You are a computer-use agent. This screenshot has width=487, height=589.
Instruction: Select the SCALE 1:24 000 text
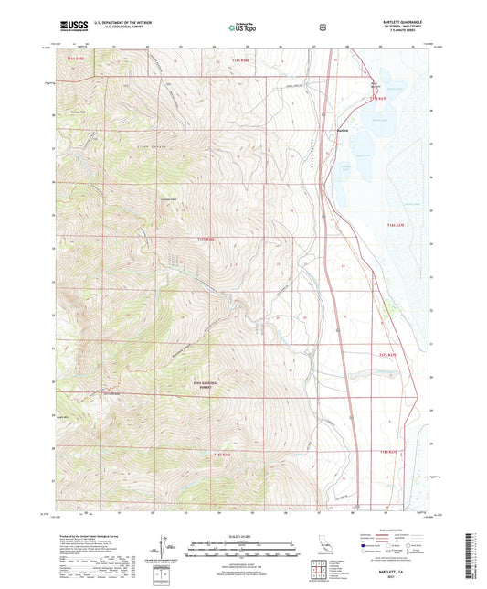242,536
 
